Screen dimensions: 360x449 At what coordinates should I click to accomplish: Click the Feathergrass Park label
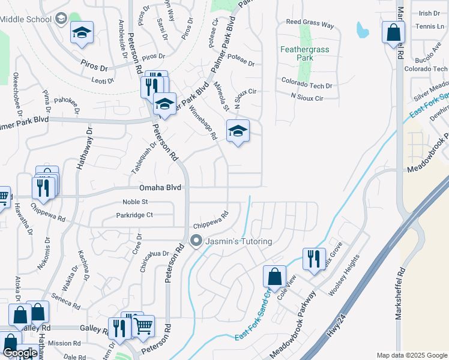(x=305, y=53)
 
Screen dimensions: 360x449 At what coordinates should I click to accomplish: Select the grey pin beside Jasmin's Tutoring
(x=196, y=241)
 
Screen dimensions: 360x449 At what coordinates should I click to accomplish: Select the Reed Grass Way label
(x=310, y=25)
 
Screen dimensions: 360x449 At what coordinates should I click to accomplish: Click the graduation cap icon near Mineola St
(x=238, y=131)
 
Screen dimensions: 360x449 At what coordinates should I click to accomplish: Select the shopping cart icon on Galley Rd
(x=143, y=326)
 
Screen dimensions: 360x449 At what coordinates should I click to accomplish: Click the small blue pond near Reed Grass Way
(x=362, y=29)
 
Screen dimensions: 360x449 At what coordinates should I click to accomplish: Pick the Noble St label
(x=135, y=202)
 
